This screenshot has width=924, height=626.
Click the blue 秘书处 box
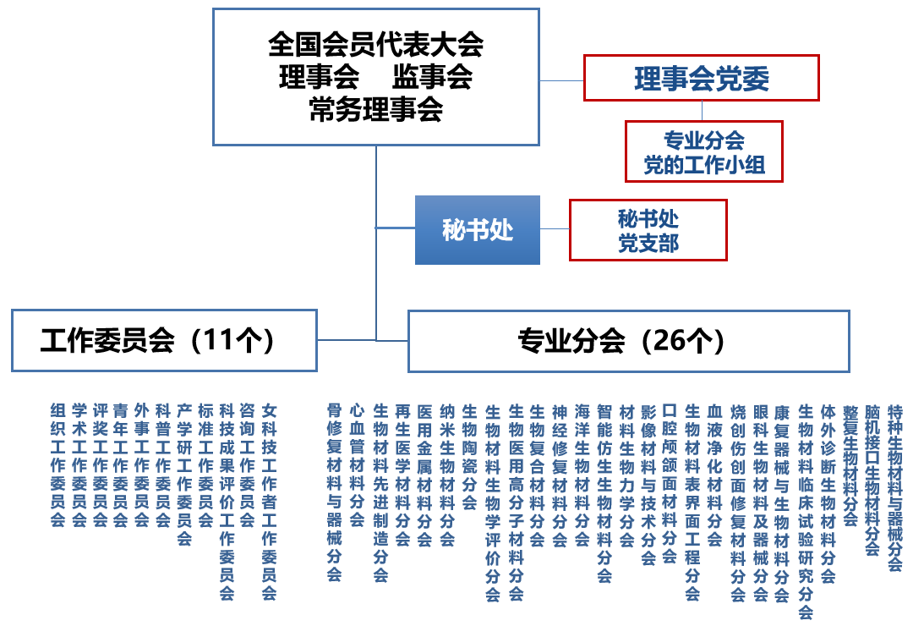click(477, 230)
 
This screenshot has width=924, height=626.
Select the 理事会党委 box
click(701, 79)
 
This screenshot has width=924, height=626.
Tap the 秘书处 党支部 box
click(648, 230)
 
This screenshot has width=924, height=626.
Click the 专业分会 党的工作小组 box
click(703, 151)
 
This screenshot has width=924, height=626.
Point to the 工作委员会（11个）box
click(164, 341)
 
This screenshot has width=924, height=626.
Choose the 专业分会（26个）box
click(628, 341)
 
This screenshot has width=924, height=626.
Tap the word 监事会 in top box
click(431, 78)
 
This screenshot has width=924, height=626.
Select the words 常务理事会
click(375, 110)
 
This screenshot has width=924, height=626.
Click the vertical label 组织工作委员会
click(57, 464)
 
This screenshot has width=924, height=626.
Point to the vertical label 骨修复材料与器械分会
click(334, 491)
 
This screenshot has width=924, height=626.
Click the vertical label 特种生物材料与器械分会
click(895, 486)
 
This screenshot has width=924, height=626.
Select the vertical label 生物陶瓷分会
click(469, 456)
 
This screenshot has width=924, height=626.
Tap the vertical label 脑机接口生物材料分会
click(872, 479)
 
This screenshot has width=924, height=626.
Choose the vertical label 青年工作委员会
click(121, 464)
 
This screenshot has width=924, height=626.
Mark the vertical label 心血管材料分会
click(357, 464)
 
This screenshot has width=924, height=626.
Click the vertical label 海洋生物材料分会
click(582, 474)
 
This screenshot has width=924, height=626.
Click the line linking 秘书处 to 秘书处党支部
click(555, 228)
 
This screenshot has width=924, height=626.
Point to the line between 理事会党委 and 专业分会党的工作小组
click(701, 111)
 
